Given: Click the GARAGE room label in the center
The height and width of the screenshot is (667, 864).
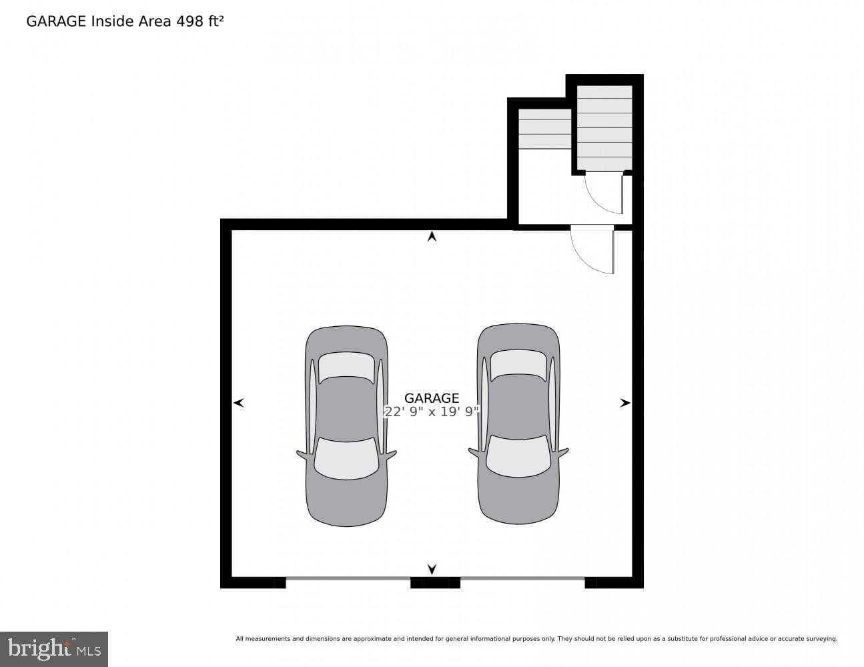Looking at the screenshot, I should coord(432,398).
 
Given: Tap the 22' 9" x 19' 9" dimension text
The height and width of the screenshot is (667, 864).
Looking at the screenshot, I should coord(432,412).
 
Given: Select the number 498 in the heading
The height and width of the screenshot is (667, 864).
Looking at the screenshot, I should coord(189,21).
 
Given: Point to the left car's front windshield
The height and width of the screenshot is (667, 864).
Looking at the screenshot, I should coord(346,458).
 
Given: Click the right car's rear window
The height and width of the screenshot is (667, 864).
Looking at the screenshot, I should coord(518,365).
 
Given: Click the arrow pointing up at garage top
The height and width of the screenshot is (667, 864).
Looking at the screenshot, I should coord(432,236).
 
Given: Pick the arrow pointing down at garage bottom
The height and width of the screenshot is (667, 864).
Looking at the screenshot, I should coord(432,569).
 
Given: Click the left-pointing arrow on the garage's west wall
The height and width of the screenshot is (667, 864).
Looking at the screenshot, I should coord(239,403).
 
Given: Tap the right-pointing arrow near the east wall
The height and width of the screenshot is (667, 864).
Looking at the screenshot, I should coord(624,403).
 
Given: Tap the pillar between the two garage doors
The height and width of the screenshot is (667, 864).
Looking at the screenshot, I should coord(435,582).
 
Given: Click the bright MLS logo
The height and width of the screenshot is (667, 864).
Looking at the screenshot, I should coord(53,648).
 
